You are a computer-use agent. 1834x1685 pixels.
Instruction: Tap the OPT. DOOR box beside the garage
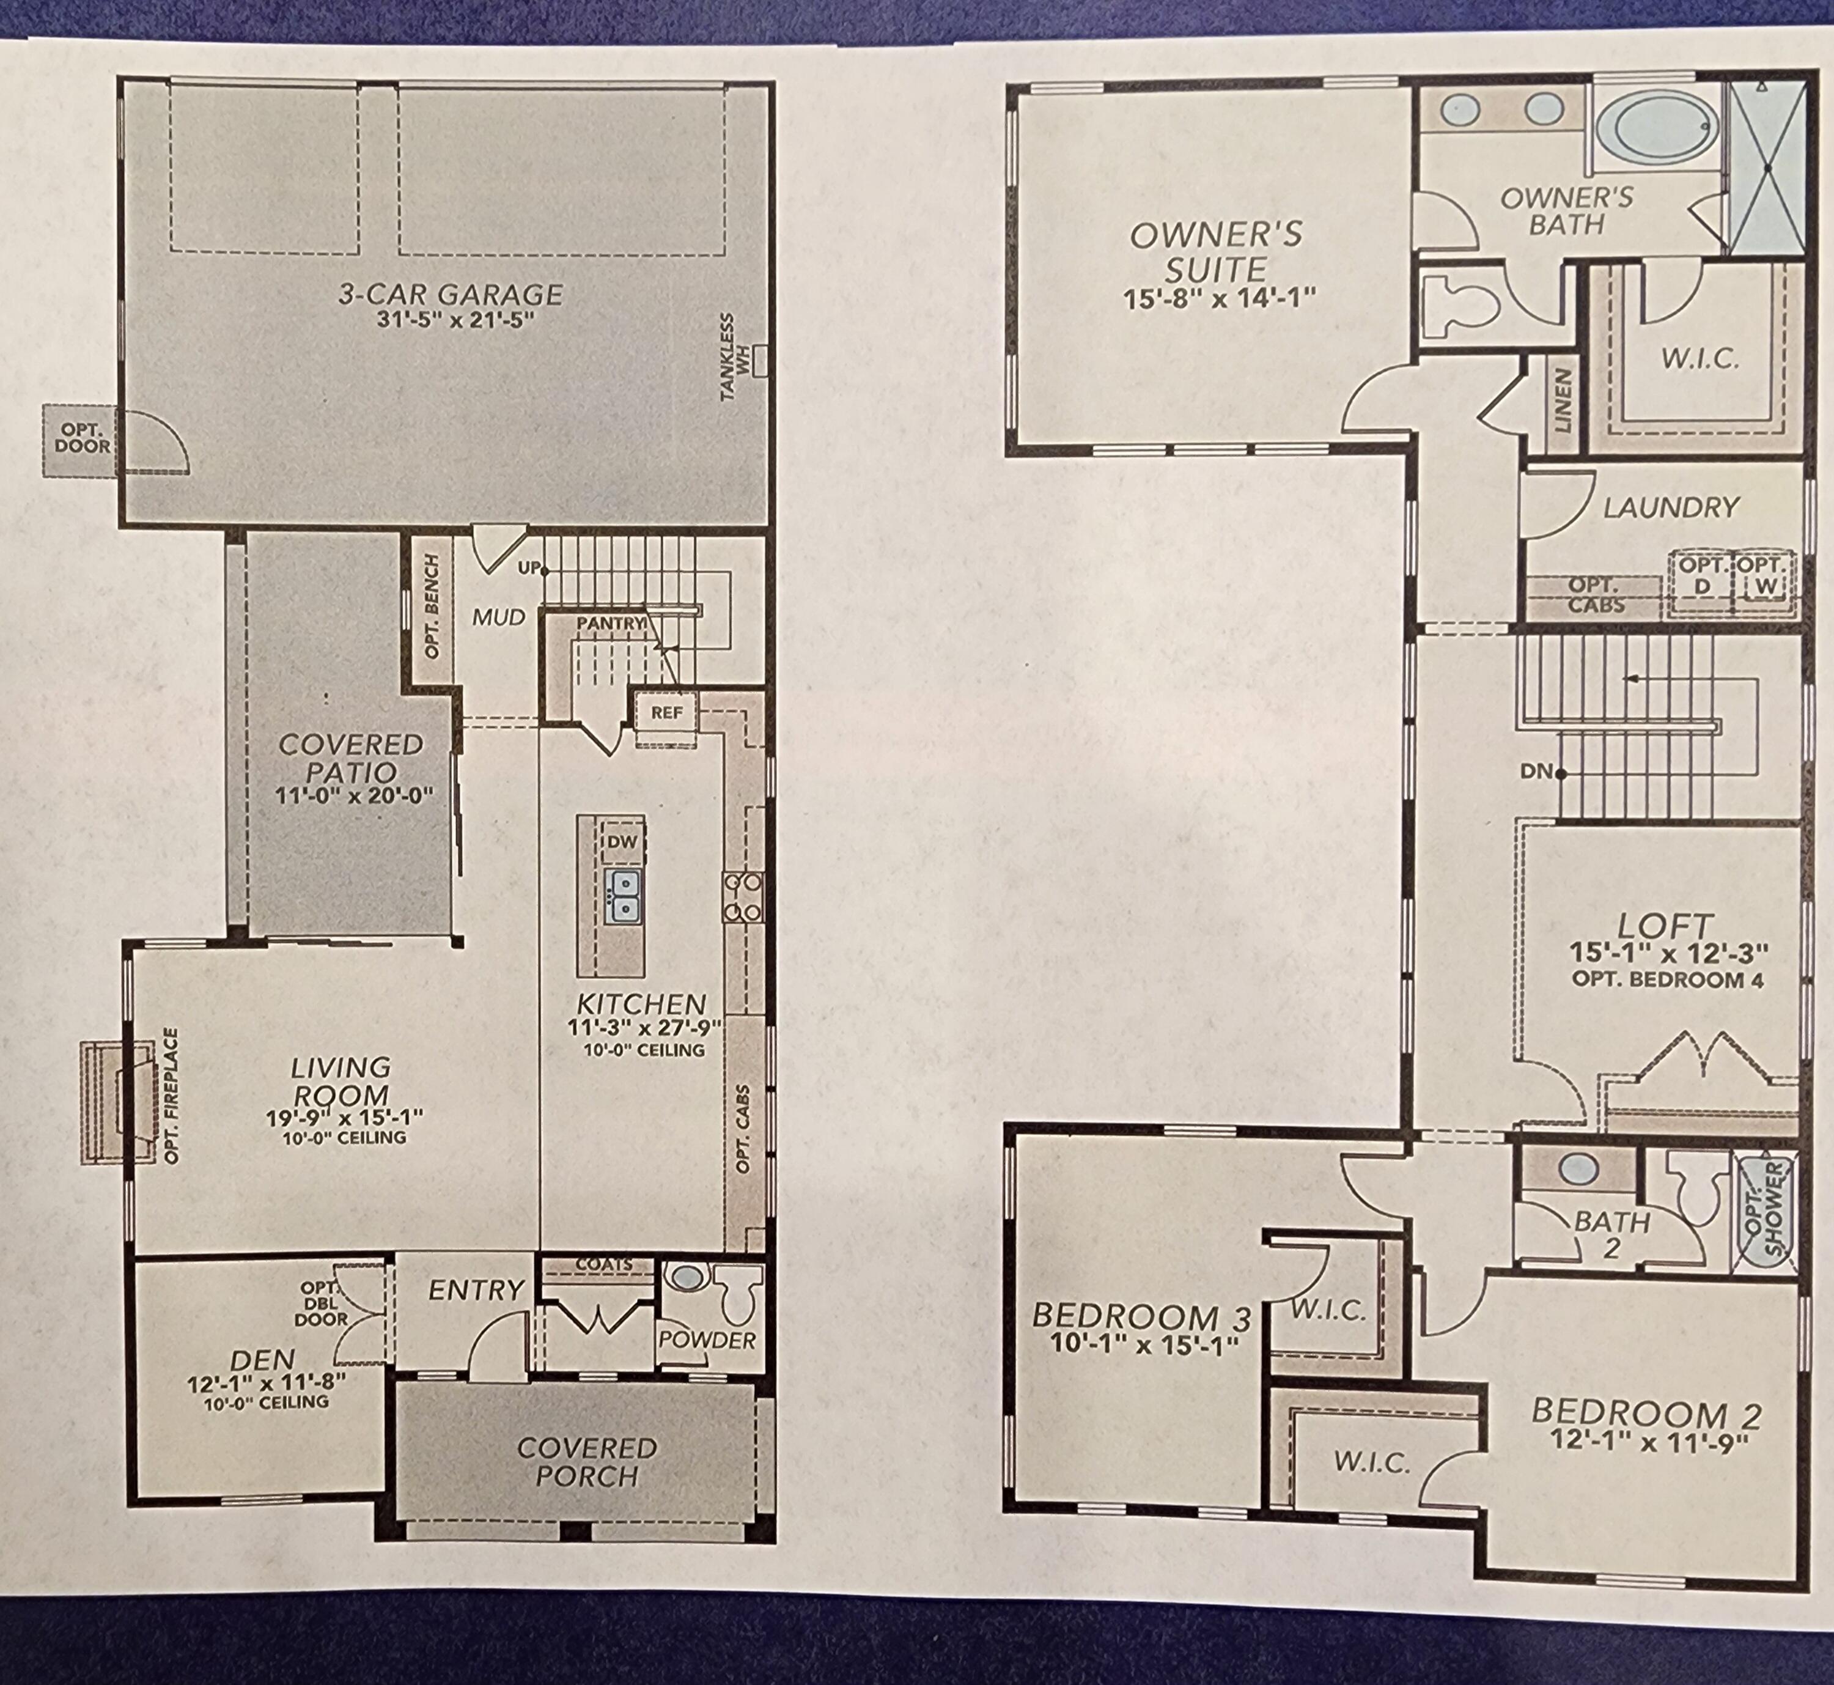(x=82, y=438)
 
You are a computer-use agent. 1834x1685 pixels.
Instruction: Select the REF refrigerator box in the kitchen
(x=666, y=712)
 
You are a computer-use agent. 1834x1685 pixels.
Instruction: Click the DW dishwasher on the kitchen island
(x=622, y=842)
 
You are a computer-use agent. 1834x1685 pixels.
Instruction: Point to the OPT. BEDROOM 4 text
(x=1667, y=980)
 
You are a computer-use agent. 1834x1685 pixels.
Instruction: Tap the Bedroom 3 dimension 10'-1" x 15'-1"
(x=1144, y=1343)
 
